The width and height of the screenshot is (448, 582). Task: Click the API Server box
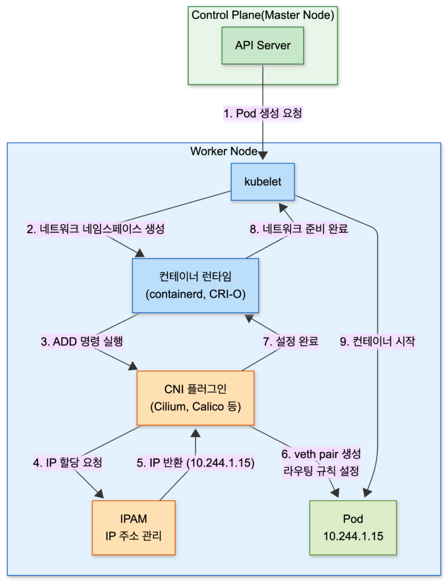pos(263,45)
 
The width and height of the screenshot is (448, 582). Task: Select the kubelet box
pos(263,182)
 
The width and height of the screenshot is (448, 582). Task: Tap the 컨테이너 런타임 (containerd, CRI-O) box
pos(195,286)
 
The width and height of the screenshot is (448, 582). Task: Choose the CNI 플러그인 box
pos(195,398)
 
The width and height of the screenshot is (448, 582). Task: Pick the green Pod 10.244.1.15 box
pos(352,527)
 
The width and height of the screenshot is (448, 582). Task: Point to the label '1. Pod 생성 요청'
pos(263,113)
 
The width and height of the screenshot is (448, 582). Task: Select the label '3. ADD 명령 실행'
pos(82,342)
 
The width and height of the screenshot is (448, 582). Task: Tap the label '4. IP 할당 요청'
pos(67,462)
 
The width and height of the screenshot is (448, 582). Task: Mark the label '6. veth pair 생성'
pos(321,455)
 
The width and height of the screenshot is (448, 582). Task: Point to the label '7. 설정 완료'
pos(291,342)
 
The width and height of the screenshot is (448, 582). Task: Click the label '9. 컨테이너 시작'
pos(378,342)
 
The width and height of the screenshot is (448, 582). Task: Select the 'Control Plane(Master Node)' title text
pos(263,15)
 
